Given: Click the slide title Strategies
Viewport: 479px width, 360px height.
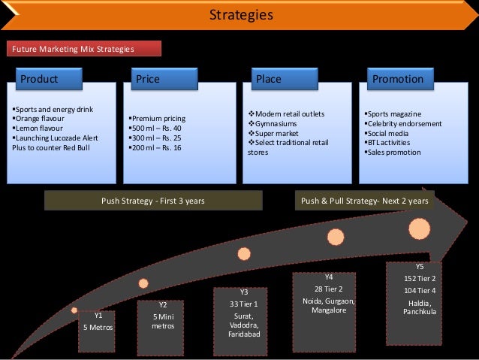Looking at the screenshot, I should (x=239, y=15).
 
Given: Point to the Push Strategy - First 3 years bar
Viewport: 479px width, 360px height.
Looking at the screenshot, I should (x=152, y=201).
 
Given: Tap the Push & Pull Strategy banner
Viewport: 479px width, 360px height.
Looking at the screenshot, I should (x=364, y=201).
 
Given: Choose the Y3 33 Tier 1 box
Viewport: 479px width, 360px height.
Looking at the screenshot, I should (x=243, y=314).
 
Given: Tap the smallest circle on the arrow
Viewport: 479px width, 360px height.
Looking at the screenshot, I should (x=74, y=310).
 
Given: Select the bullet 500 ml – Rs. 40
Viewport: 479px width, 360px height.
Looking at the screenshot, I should (x=157, y=129).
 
